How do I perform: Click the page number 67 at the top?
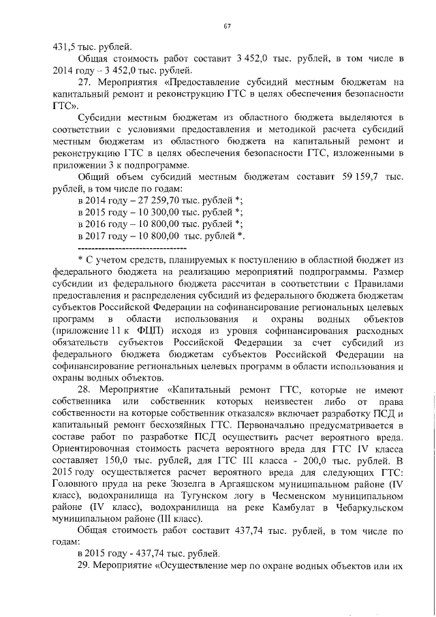[228, 25]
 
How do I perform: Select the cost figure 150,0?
[110, 461]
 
